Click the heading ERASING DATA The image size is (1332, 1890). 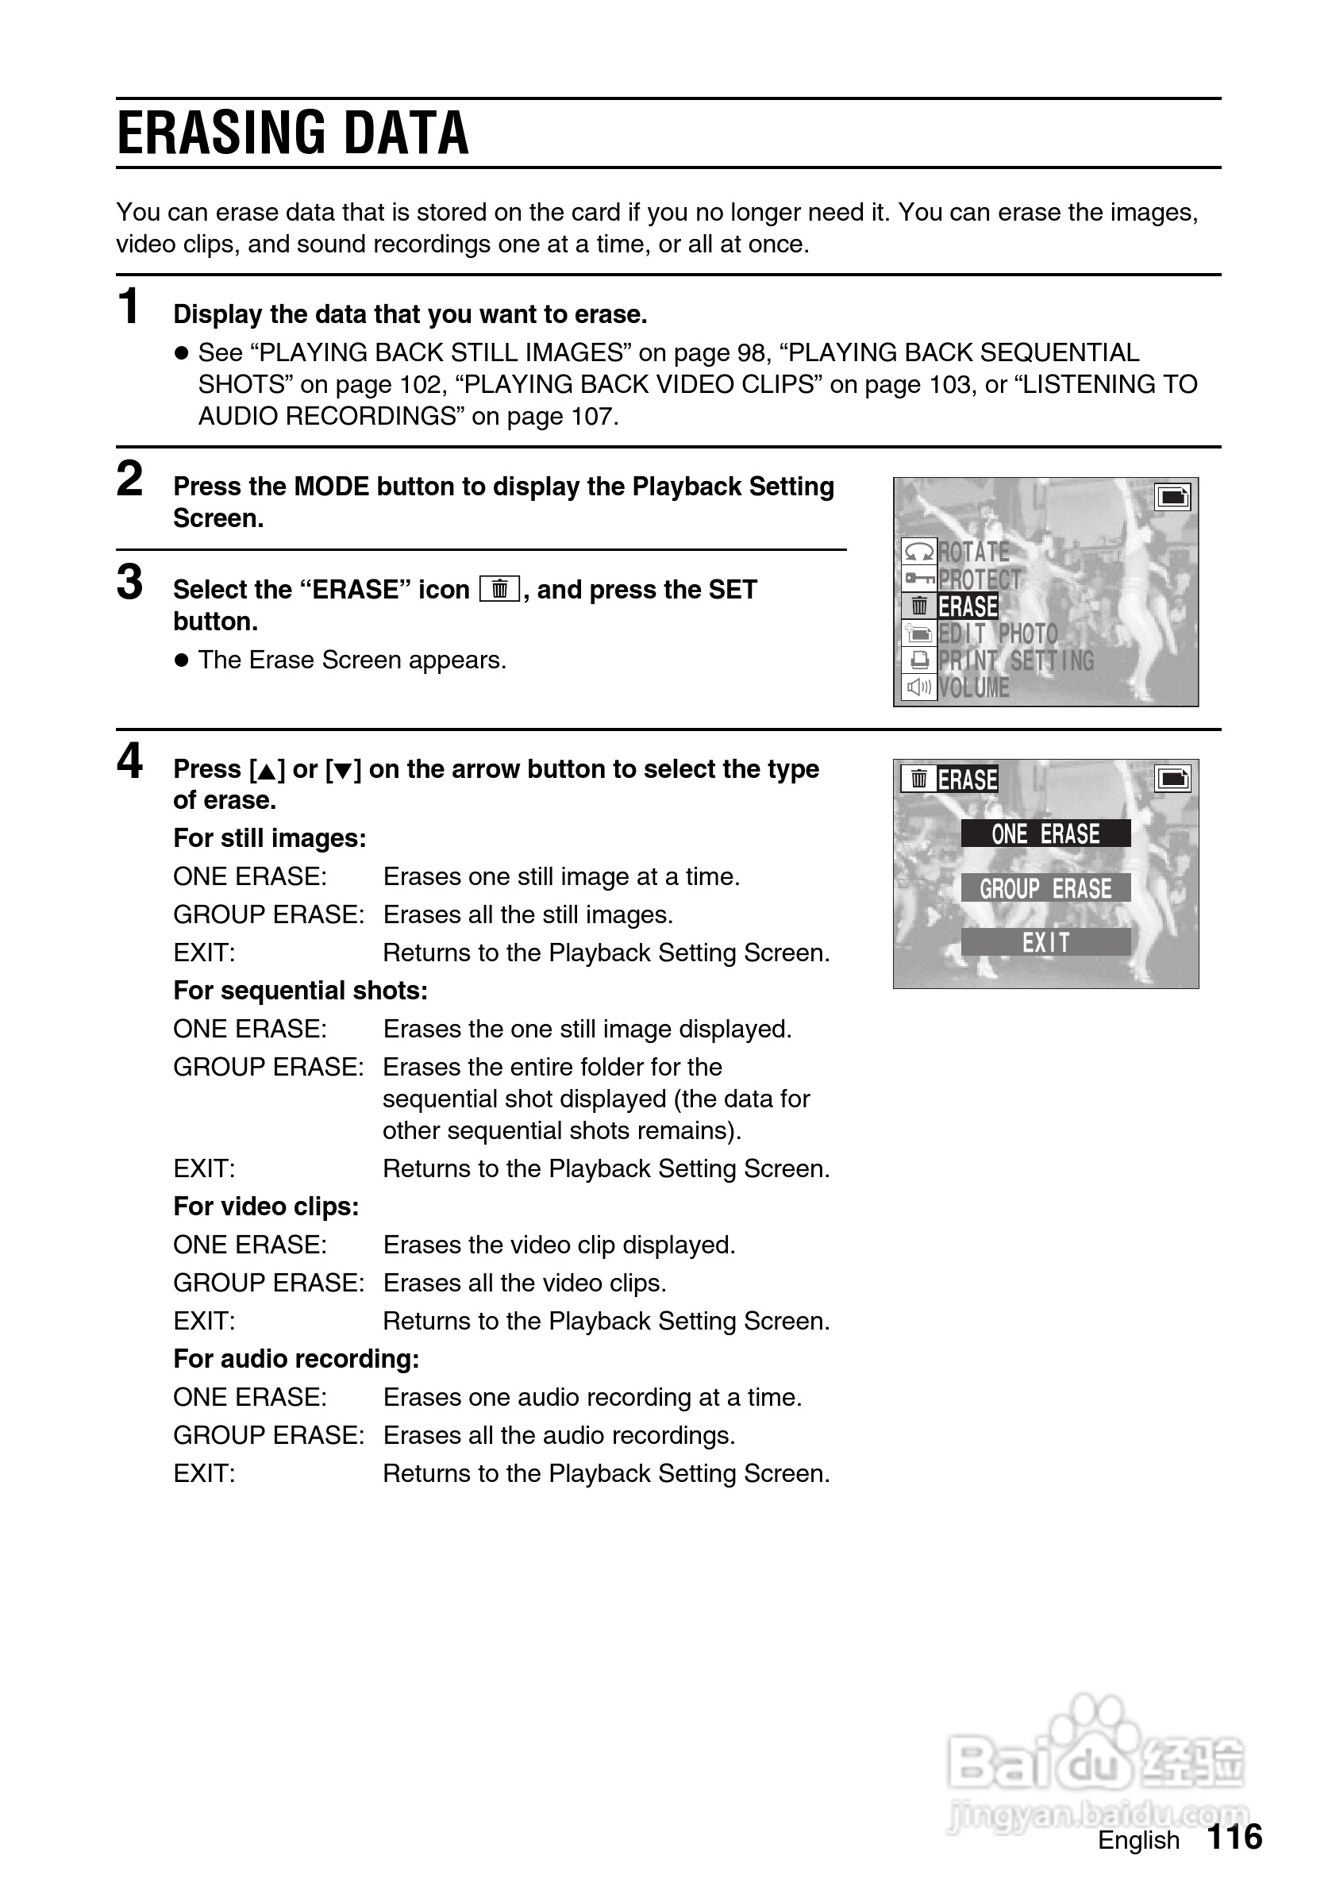[293, 133]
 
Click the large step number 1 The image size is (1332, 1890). [129, 307]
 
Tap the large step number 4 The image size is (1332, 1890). [129, 760]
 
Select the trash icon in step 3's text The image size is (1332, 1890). [499, 590]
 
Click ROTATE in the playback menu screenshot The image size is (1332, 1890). [974, 552]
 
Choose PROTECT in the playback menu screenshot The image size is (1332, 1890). [980, 579]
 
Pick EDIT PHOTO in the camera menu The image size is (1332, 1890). [998, 634]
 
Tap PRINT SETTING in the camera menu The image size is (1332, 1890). [1016, 661]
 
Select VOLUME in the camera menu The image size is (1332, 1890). [974, 688]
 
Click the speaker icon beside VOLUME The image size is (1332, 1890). [918, 687]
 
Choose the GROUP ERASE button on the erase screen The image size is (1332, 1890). [1045, 888]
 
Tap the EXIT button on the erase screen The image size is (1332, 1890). [1045, 942]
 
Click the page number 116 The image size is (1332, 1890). [1234, 1838]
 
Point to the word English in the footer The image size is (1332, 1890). [1138, 1841]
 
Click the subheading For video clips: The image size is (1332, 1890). [266, 1207]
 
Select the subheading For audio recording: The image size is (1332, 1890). [296, 1359]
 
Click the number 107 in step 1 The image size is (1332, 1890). [591, 417]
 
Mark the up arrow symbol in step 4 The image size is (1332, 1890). [266, 772]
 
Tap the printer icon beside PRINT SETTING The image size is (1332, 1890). [918, 660]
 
